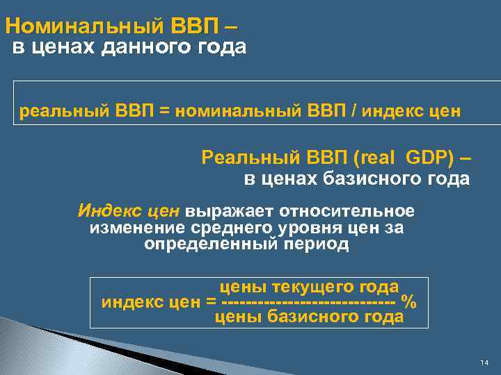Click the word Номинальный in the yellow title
[83, 27]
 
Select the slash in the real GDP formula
[356, 110]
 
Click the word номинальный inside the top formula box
[236, 110]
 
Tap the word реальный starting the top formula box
[61, 110]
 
